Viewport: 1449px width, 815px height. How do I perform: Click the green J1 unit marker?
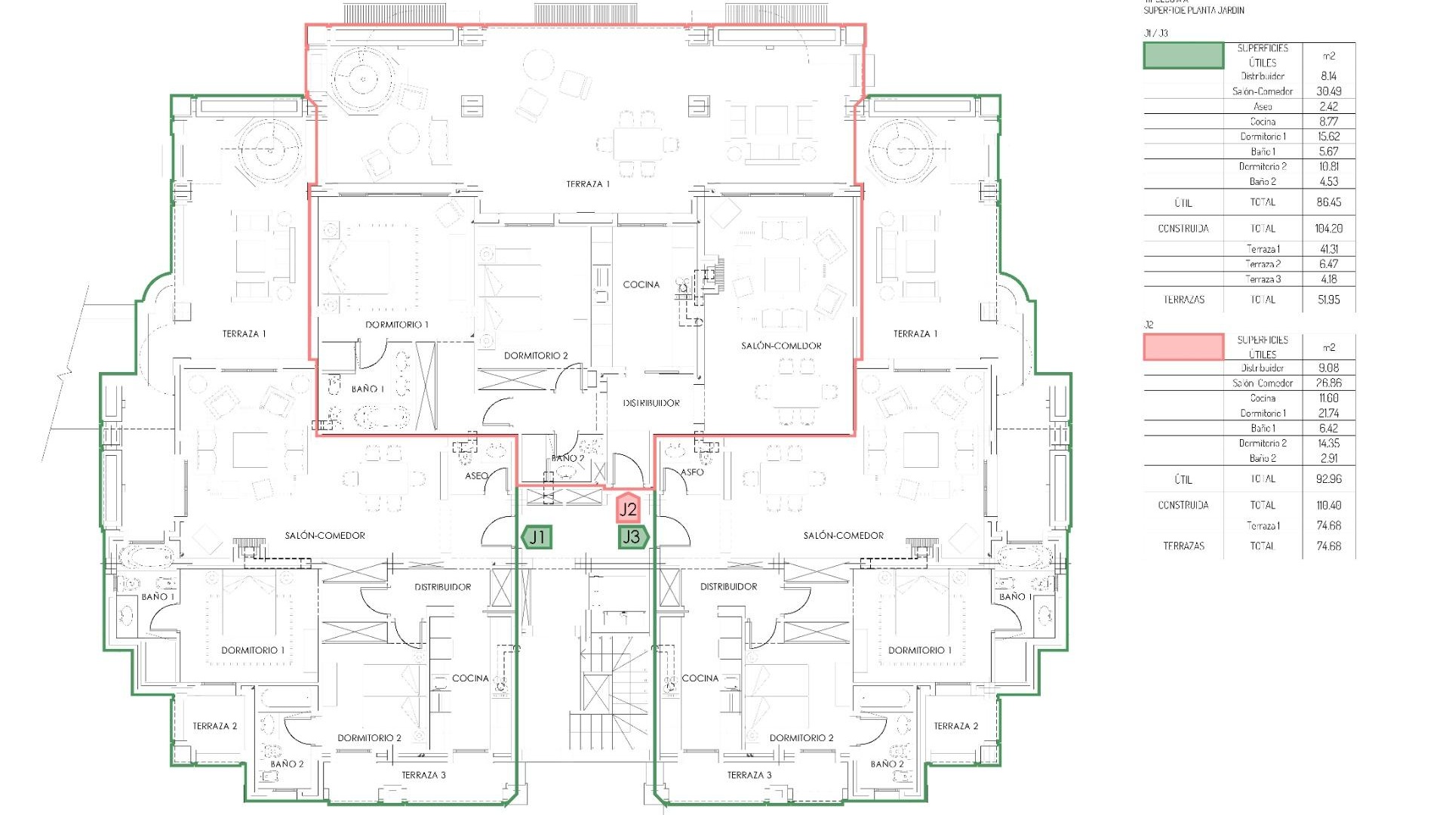(x=537, y=537)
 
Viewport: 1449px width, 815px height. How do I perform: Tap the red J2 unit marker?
(x=628, y=509)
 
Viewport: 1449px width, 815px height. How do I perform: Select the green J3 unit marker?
(x=632, y=537)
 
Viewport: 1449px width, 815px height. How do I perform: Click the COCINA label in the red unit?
(x=641, y=284)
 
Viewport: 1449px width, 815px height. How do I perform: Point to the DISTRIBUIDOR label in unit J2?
(x=651, y=403)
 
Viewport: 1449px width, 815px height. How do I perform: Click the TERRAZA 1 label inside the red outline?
(x=587, y=184)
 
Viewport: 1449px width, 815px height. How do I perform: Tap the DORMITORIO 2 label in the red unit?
(x=536, y=355)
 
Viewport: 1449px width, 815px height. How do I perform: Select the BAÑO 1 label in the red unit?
(x=368, y=389)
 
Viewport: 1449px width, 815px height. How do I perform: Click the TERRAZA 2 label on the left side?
(x=214, y=726)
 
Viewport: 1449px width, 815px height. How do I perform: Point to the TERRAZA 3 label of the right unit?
(x=749, y=775)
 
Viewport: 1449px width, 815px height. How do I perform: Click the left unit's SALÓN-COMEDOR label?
(x=325, y=536)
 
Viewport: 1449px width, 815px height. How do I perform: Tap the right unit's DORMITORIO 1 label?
(x=919, y=650)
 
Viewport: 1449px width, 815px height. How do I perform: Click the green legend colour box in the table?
(x=1183, y=56)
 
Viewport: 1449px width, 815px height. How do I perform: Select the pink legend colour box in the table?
(x=1183, y=347)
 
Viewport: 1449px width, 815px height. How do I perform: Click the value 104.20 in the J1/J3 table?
(x=1328, y=229)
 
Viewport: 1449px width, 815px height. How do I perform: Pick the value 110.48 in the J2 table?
(x=1328, y=506)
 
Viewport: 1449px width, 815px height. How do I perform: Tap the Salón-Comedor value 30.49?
(x=1328, y=91)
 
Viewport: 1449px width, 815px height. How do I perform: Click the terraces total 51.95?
(x=1328, y=300)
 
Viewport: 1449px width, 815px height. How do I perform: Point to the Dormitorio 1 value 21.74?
(x=1328, y=414)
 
